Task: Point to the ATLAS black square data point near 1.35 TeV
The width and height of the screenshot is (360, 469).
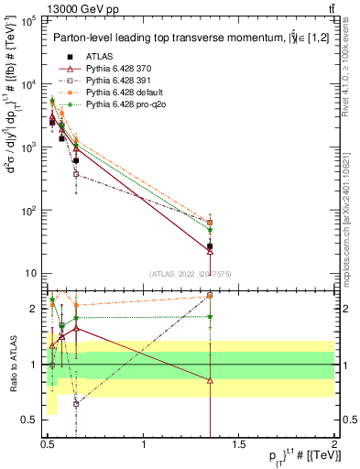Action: [x=210, y=246]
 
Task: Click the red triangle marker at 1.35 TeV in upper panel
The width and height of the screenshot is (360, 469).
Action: [x=210, y=251]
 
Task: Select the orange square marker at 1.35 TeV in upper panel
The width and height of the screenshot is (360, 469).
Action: [x=210, y=223]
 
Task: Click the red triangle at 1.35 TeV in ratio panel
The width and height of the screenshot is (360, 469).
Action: [x=210, y=380]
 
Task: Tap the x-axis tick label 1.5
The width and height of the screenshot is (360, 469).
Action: [x=240, y=445]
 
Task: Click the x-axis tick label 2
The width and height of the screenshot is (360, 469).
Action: [x=334, y=445]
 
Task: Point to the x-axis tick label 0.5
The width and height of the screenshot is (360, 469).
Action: [x=49, y=445]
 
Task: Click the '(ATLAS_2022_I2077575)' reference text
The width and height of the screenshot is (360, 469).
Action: [x=191, y=273]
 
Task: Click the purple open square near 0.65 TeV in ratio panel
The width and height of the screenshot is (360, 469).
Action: [x=76, y=403]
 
